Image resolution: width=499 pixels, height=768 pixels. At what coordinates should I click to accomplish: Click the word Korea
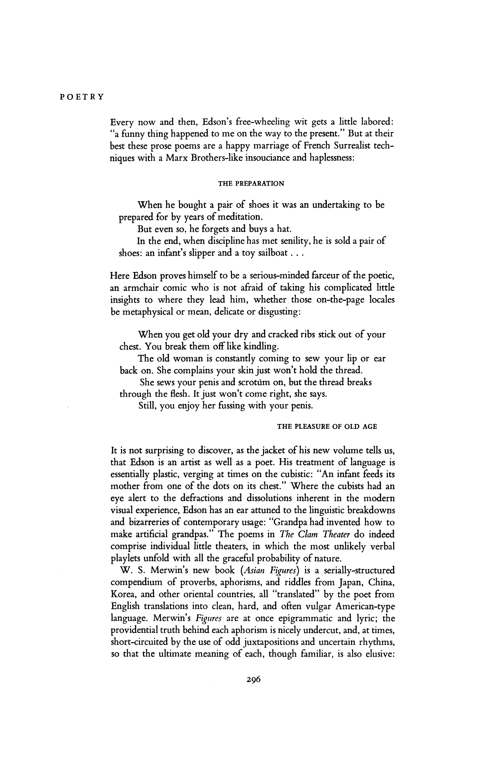(123, 594)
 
